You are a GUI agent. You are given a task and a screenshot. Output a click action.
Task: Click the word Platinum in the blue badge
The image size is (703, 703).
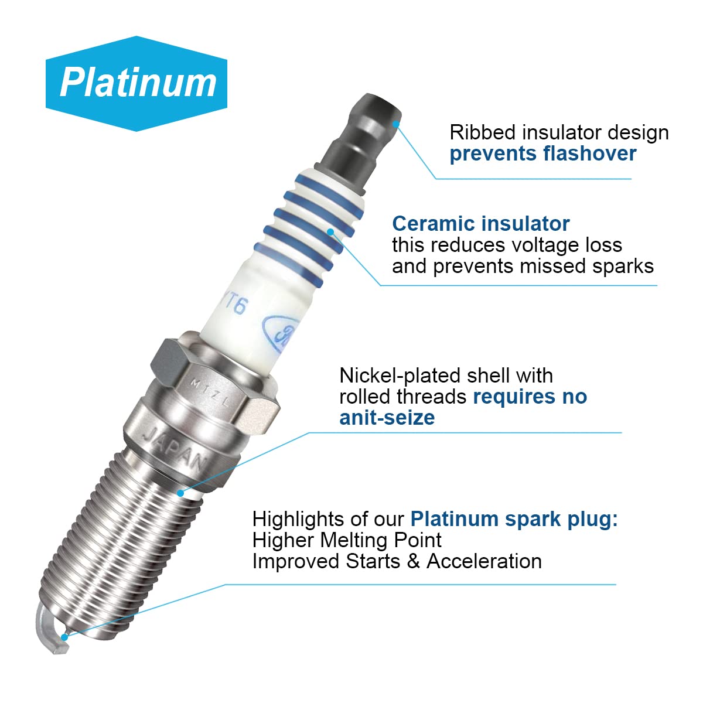[x=138, y=83]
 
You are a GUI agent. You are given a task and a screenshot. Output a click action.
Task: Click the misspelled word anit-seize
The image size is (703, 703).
[x=387, y=418]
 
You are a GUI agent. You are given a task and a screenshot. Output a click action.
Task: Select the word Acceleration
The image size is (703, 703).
[x=484, y=561]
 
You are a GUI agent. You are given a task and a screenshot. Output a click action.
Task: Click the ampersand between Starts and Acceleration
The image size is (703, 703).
[x=414, y=561]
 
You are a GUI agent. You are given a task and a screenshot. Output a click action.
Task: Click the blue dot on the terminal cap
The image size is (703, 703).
[x=396, y=124]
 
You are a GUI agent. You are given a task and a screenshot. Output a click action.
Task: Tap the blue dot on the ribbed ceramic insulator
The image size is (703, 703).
[x=330, y=231]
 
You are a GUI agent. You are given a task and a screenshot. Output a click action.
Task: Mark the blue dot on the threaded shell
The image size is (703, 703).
[x=180, y=493]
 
